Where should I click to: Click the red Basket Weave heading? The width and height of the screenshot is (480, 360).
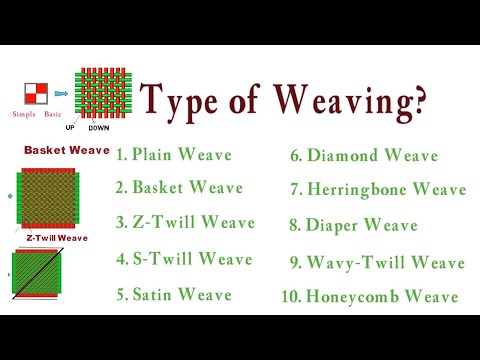pos(66,150)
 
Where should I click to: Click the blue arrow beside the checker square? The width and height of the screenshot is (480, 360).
pos(60,94)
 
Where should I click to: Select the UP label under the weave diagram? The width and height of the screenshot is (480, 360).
pos(71,128)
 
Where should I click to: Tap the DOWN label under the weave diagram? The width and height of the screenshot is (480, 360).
pos(99,128)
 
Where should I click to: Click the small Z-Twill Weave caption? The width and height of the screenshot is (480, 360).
pos(57,238)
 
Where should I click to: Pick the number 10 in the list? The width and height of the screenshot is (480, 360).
pos(289,297)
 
